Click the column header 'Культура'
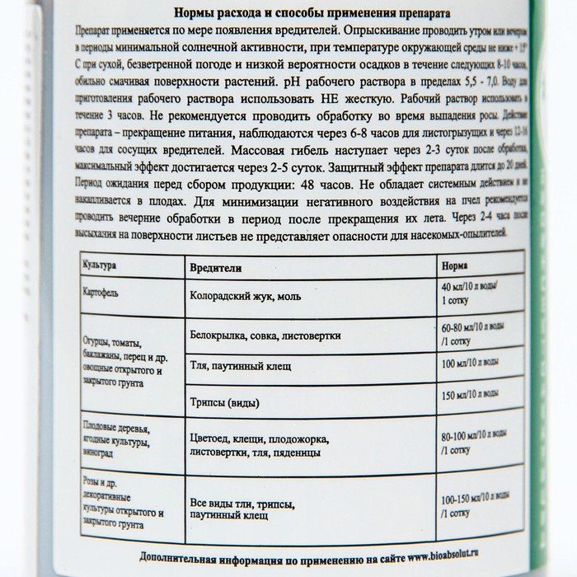click(x=104, y=267)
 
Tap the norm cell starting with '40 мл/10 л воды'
click(x=471, y=292)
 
